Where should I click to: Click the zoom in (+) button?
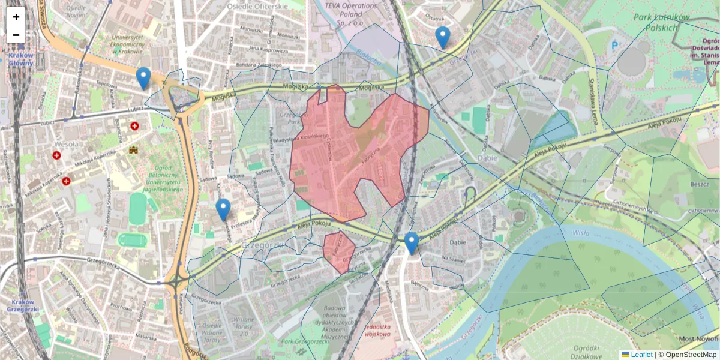[16, 17]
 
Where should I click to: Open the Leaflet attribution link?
[641, 355]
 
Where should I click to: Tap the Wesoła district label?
[65, 144]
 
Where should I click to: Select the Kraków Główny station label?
[21, 58]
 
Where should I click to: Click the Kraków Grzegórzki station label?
[23, 305]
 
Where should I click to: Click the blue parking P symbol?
[614, 46]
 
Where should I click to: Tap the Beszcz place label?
[700, 184]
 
